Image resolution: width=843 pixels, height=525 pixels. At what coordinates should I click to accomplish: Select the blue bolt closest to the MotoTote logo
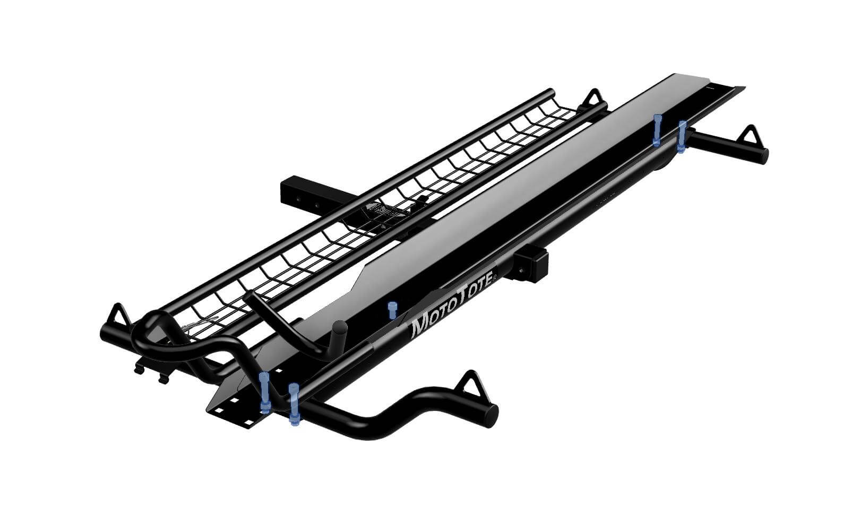(392, 310)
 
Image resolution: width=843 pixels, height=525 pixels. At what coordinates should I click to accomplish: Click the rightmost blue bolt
(682, 137)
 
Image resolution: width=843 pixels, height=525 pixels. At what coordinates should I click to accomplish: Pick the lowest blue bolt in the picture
(294, 404)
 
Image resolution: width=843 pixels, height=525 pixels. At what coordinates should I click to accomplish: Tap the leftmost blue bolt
(264, 392)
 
